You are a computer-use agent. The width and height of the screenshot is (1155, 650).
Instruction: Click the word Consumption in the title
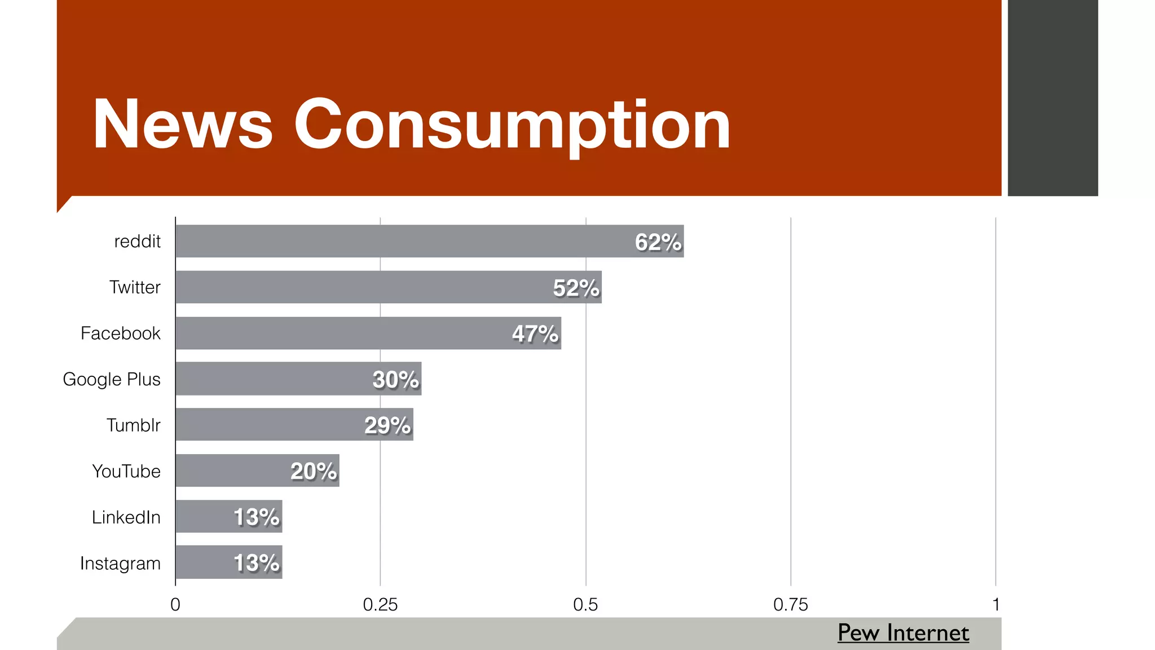tap(512, 125)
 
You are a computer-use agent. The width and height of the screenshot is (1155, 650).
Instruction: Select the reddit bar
tap(395, 241)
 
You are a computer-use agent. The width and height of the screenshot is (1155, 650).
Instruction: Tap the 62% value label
tap(658, 242)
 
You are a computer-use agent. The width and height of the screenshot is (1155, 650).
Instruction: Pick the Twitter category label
tap(135, 287)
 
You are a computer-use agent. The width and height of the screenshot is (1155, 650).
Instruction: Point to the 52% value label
tap(576, 288)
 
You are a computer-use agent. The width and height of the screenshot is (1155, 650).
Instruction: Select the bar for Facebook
tap(338, 333)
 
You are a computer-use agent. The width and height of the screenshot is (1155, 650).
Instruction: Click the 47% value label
tap(535, 334)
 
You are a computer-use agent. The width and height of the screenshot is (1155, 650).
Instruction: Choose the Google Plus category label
tap(112, 379)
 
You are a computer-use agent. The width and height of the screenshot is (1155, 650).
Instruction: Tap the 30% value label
tap(395, 380)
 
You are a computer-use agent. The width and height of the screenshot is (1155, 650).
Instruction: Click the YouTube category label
tap(126, 471)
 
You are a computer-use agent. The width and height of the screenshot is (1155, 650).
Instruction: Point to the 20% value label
tap(314, 471)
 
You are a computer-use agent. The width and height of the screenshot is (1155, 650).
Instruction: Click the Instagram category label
tap(120, 563)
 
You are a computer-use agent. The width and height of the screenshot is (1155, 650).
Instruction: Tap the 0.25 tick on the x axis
tap(380, 605)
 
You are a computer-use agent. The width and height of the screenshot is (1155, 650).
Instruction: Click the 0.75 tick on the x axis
tap(790, 605)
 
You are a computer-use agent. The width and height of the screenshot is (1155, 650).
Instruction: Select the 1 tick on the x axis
tap(996, 605)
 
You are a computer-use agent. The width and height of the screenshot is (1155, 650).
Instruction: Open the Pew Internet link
tap(903, 633)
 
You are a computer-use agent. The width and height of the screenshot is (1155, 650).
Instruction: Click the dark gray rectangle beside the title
tap(1052, 98)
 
